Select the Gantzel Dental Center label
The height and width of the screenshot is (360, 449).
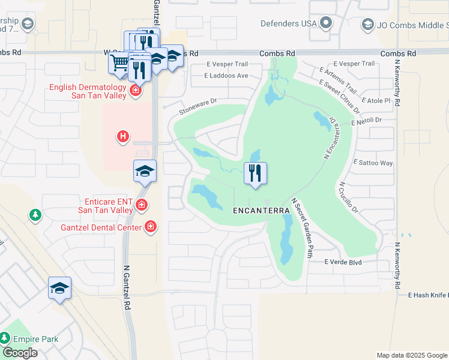click(101, 227)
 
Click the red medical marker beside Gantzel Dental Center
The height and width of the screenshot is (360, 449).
click(150, 227)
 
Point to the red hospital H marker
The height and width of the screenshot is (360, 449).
click(123, 137)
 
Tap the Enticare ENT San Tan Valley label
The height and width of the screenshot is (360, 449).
click(105, 206)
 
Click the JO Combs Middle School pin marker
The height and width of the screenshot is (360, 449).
click(367, 25)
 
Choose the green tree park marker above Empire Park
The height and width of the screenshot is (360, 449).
click(35, 214)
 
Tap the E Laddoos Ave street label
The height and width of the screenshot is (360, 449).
click(226, 76)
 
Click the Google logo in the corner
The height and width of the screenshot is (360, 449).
click(20, 353)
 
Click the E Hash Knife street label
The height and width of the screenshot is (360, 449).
click(427, 295)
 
